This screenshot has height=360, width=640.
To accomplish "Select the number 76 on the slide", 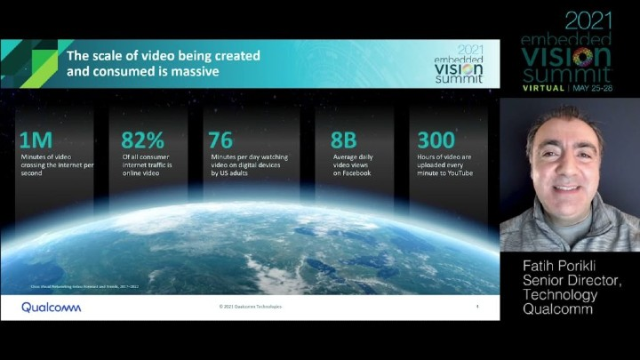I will [220, 139].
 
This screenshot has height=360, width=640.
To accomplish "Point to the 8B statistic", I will [343, 139].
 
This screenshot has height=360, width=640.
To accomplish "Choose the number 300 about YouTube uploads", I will [436, 139].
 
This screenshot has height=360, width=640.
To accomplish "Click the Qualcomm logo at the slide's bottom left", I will [51, 307].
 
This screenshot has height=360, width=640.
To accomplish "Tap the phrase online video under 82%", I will [141, 173].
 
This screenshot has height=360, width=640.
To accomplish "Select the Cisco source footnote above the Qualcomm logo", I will [80, 287].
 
